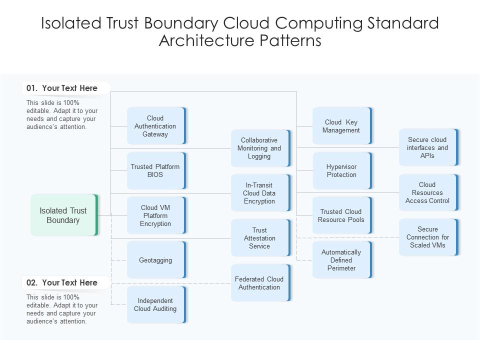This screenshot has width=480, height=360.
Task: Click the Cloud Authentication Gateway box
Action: click(156, 126)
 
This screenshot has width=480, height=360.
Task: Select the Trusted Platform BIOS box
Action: click(156, 170)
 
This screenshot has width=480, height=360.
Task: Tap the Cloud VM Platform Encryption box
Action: click(156, 215)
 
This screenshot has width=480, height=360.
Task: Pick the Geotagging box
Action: click(156, 260)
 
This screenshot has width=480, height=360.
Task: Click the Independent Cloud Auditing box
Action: click(156, 304)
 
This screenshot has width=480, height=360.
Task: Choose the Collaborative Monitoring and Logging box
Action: click(260, 148)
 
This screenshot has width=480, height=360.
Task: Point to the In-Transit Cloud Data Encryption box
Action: click(260, 193)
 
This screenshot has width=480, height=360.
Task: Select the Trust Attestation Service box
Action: click(260, 238)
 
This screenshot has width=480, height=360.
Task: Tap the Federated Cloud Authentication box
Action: click(260, 283)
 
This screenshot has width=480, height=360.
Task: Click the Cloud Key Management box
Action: click(342, 126)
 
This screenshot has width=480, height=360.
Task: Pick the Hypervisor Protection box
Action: click(342, 170)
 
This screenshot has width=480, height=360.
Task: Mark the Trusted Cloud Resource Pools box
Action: click(342, 215)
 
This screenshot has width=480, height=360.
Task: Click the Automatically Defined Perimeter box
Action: click(342, 260)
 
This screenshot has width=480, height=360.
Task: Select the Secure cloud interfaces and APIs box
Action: click(428, 147)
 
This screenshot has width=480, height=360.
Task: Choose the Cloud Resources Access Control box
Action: click(428, 192)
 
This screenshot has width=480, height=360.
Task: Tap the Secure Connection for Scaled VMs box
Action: click(428, 237)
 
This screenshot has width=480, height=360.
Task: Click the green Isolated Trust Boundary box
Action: click(64, 215)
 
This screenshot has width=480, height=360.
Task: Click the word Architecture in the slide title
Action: click(204, 40)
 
